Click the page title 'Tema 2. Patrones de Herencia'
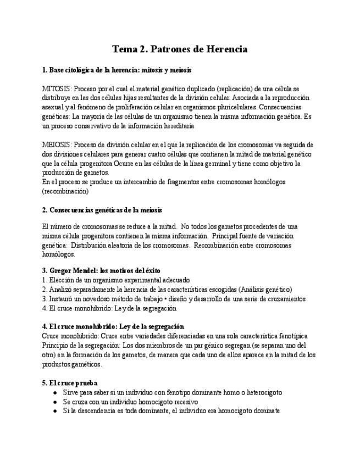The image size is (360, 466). pyautogui.click(x=180, y=49)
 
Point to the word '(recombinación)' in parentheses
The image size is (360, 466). pyautogui.click(x=65, y=191)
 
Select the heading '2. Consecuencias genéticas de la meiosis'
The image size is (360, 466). pyautogui.click(x=102, y=210)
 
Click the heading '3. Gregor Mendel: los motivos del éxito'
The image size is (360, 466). pyautogui.click(x=98, y=270)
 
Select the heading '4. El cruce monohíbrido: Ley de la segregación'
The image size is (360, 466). pyautogui.click(x=113, y=326)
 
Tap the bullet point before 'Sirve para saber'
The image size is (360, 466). pyautogui.click(x=54, y=392)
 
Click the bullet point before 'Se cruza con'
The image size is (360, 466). pyautogui.click(x=54, y=402)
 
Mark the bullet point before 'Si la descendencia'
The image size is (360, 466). pyautogui.click(x=54, y=411)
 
